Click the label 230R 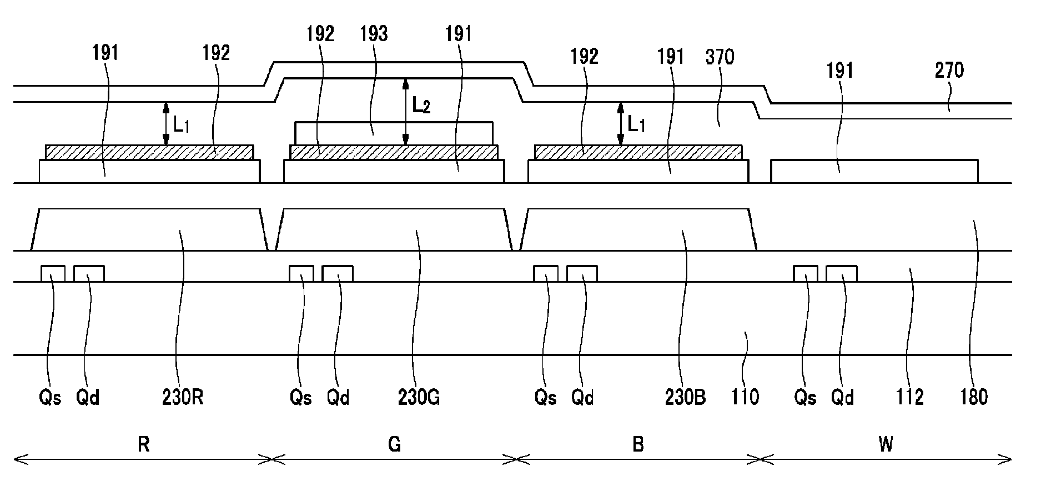tap(183, 397)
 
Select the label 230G tap(419, 397)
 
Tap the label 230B tap(685, 397)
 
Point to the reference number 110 tap(745, 397)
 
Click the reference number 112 tap(910, 397)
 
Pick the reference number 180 tap(974, 397)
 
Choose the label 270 tap(949, 71)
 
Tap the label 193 tap(374, 34)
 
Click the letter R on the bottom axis tap(143, 445)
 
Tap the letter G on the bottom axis tap(394, 445)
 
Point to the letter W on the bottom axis tap(886, 445)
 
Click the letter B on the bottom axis tap(638, 445)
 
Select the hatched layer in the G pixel tap(394, 152)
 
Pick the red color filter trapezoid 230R tap(149, 230)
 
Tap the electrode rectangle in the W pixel tap(874, 171)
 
